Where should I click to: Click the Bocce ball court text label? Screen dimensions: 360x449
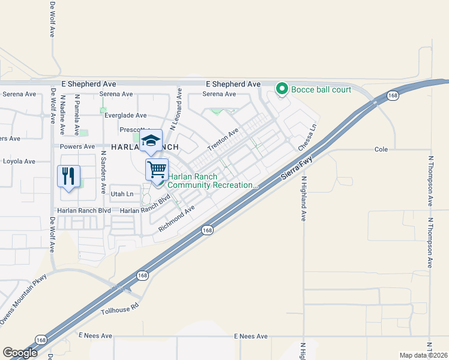point(321,90)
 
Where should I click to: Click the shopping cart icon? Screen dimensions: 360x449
point(157,169)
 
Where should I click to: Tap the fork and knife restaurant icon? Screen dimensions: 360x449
point(68,176)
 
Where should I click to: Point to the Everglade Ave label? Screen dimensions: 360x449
point(125,115)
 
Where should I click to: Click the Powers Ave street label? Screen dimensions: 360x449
point(81,146)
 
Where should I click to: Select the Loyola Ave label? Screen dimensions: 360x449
point(19,161)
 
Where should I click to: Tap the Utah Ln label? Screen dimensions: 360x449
point(121,194)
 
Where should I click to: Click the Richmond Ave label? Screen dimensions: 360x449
point(177,219)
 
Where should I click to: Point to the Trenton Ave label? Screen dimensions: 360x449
point(223,139)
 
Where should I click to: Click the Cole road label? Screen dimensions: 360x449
point(381,149)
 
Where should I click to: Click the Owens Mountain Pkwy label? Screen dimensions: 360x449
point(23,307)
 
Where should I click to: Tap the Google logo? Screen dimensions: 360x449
point(20,352)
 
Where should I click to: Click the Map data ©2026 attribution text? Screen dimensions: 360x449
point(423,355)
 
